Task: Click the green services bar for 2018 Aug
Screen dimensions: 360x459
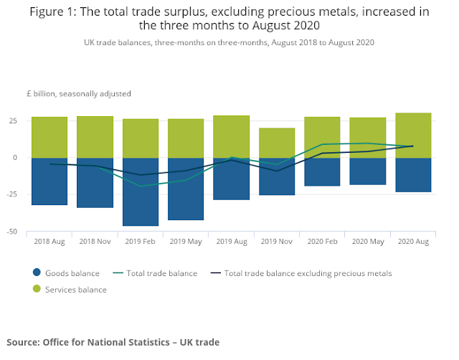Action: tap(49, 137)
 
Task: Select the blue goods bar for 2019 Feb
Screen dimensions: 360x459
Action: tap(141, 191)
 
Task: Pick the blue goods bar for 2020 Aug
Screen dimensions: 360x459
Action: tap(413, 175)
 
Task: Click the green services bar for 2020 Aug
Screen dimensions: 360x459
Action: tap(413, 135)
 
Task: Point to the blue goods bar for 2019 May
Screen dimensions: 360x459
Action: tap(186, 189)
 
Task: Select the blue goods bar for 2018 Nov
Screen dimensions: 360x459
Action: tap(95, 183)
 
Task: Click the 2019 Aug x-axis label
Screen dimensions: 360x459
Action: tap(231, 242)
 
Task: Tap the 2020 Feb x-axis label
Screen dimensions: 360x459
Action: tap(322, 242)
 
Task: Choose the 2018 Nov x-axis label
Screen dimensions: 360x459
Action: tap(95, 242)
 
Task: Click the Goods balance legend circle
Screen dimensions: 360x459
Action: tap(37, 273)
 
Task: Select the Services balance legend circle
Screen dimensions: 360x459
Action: tap(37, 289)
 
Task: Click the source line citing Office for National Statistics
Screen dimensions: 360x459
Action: tap(113, 342)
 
